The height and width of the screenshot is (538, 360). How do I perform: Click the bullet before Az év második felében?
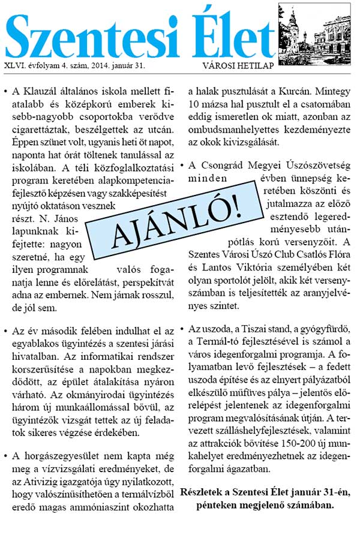6,332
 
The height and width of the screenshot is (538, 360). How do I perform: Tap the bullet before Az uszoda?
182,332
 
